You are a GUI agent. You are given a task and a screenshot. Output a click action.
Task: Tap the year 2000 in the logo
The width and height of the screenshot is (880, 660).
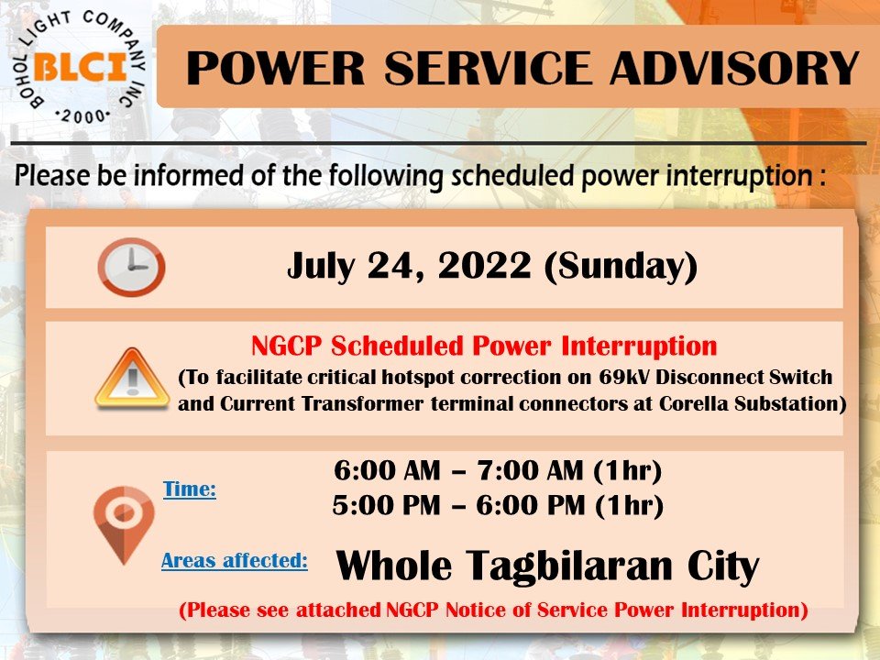pyautogui.click(x=83, y=116)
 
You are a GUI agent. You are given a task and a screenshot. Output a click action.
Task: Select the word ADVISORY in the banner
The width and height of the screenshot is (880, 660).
pyautogui.click(x=734, y=68)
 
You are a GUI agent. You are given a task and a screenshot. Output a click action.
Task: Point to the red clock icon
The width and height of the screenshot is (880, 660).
pyautogui.click(x=131, y=267)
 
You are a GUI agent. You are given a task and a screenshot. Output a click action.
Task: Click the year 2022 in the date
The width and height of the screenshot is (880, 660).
pyautogui.click(x=484, y=266)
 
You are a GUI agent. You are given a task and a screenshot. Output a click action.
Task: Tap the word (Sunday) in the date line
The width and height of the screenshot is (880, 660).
pyautogui.click(x=621, y=267)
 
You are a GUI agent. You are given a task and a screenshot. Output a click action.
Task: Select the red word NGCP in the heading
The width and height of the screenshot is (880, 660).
pyautogui.click(x=287, y=346)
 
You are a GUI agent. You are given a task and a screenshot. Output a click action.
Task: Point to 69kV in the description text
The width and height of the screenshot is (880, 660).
pyautogui.click(x=623, y=377)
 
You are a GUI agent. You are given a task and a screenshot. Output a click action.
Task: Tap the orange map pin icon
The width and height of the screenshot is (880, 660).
pyautogui.click(x=124, y=524)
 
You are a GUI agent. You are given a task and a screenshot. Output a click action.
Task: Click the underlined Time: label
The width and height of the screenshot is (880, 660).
pyautogui.click(x=190, y=489)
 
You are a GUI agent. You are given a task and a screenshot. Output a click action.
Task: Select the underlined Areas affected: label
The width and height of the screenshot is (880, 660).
pyautogui.click(x=235, y=560)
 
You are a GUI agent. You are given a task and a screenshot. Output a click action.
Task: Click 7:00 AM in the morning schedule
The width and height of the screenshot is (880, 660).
pyautogui.click(x=531, y=469)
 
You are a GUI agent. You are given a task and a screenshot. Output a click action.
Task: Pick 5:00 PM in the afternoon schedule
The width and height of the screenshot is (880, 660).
pyautogui.click(x=386, y=505)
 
